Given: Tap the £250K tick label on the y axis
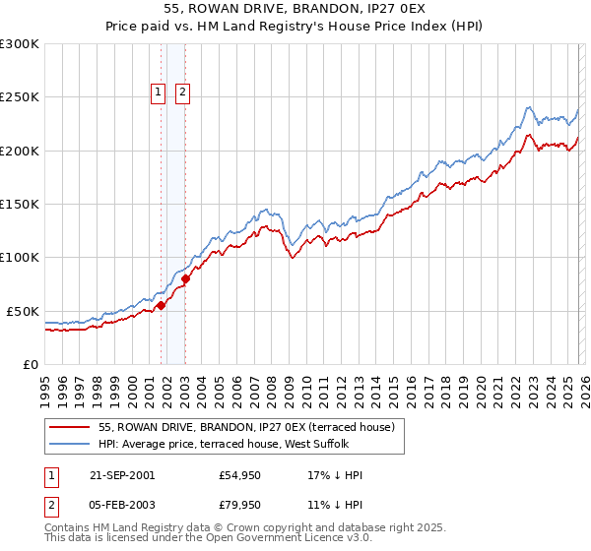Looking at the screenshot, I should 20,97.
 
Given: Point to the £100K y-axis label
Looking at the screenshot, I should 20,257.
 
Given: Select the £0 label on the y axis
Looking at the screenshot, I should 30,364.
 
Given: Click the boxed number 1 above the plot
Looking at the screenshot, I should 158,93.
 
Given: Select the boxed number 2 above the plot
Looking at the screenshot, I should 183,93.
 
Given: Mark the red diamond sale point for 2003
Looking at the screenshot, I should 185,279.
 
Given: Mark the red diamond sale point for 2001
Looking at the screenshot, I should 162,306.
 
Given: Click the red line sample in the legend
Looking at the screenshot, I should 69,427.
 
